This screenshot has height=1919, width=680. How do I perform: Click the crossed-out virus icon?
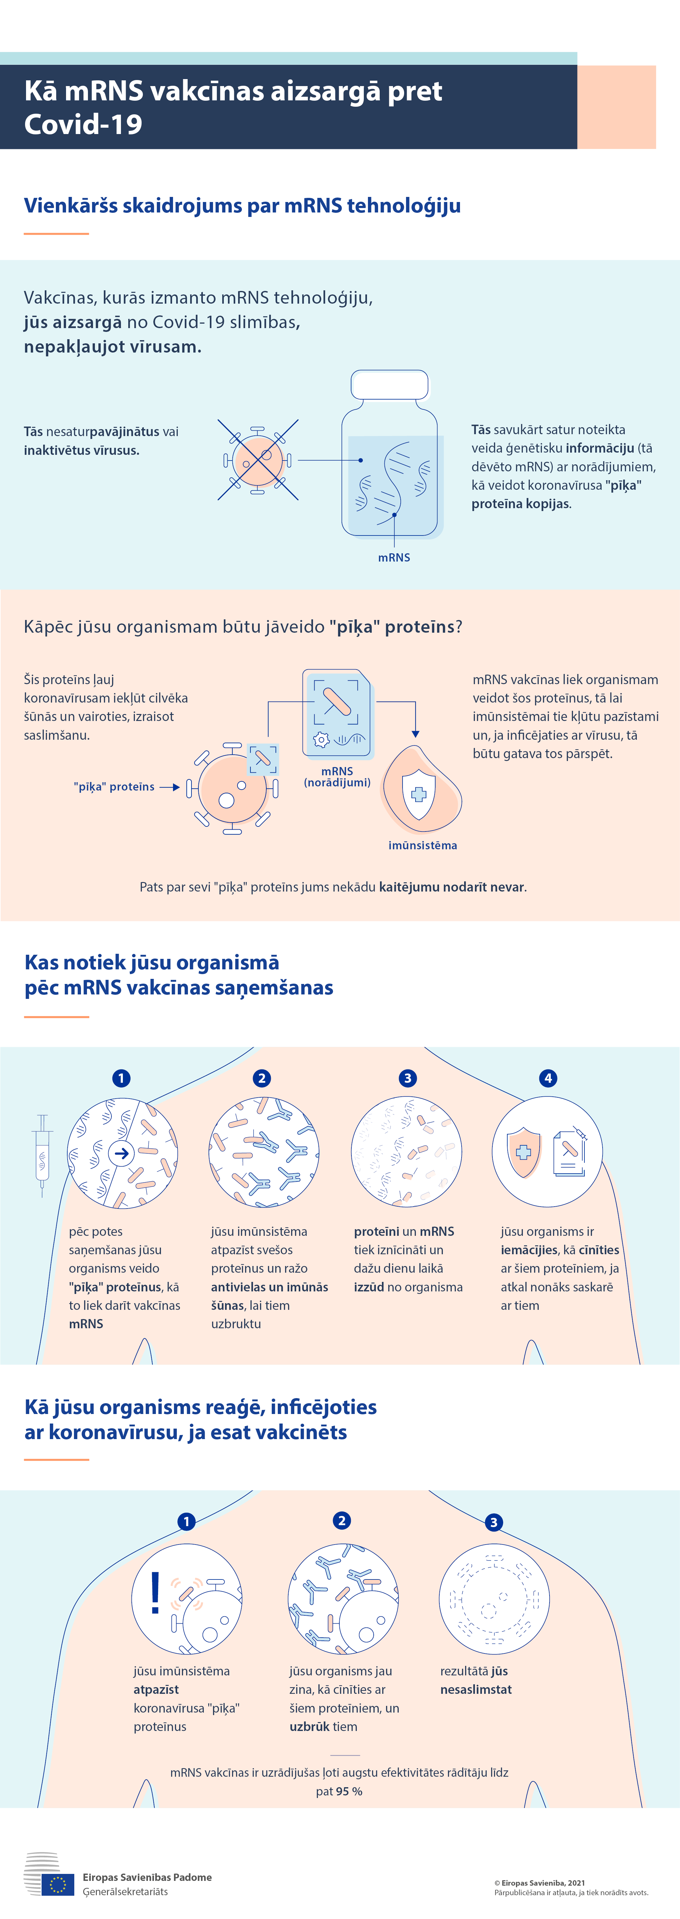pyautogui.click(x=258, y=460)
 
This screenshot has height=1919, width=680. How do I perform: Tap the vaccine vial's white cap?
pyautogui.click(x=390, y=384)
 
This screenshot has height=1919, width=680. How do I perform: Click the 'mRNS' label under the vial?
pyautogui.click(x=394, y=557)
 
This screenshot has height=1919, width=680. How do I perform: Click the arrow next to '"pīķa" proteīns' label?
pyautogui.click(x=170, y=787)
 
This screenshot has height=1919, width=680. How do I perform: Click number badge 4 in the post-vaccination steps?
pyautogui.click(x=548, y=1078)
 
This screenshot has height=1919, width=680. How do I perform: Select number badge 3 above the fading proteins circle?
pyautogui.click(x=407, y=1078)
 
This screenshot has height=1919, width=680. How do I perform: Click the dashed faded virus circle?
pyautogui.click(x=494, y=1599)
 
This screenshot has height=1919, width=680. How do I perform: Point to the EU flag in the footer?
pyautogui.click(x=58, y=1885)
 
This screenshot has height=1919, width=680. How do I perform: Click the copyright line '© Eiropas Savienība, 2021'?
pyautogui.click(x=540, y=1882)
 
